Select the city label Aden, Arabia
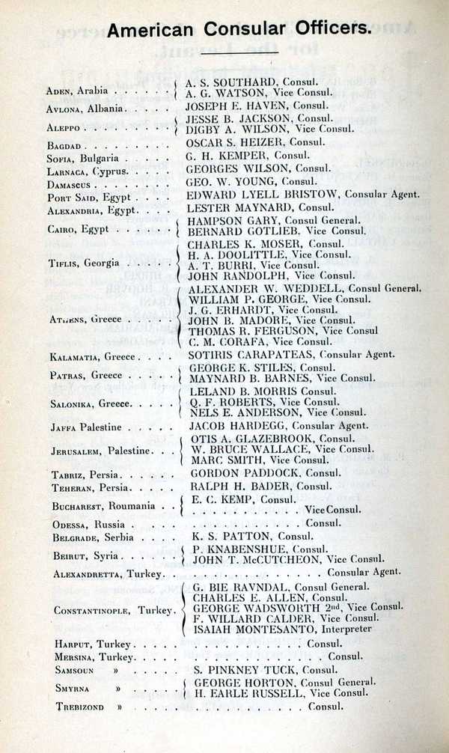[76, 91]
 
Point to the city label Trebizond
[78, 707]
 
